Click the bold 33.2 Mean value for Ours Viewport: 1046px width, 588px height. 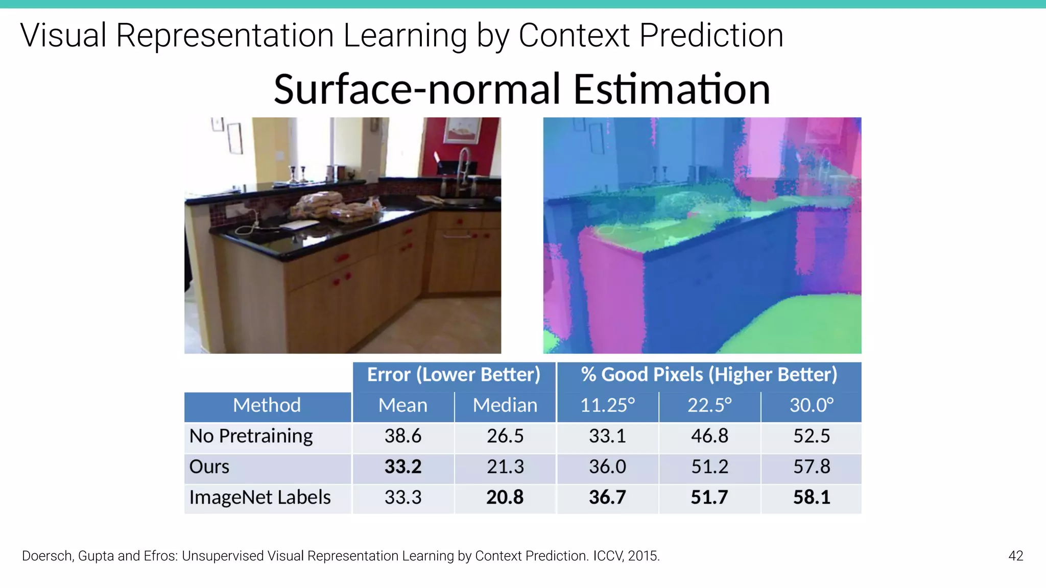tap(403, 467)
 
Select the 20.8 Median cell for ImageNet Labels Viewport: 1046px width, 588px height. tap(505, 498)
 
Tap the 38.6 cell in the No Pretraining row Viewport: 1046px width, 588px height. tap(403, 436)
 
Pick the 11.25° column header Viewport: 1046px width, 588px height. tap(607, 406)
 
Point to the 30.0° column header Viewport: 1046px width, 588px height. tap(811, 406)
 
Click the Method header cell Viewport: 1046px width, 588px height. tap(267, 406)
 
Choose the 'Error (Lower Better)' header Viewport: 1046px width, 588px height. tap(454, 375)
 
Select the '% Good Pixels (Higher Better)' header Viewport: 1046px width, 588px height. tap(709, 375)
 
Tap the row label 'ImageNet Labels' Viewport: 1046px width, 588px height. tap(260, 498)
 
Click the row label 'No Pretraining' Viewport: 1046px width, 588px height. tap(251, 436)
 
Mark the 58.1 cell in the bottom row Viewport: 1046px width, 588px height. tap(811, 498)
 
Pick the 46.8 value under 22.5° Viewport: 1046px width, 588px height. tap(709, 436)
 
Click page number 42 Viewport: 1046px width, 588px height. tap(1015, 556)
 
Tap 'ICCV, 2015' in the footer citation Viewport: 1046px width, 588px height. tap(626, 556)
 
